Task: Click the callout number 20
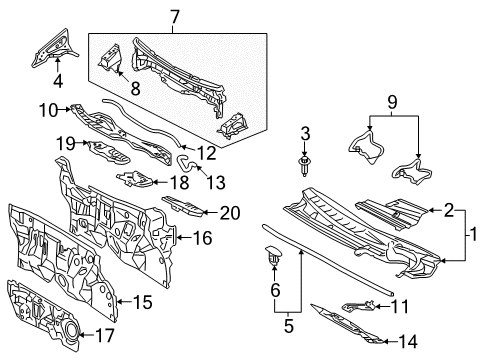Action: pyautogui.click(x=229, y=211)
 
